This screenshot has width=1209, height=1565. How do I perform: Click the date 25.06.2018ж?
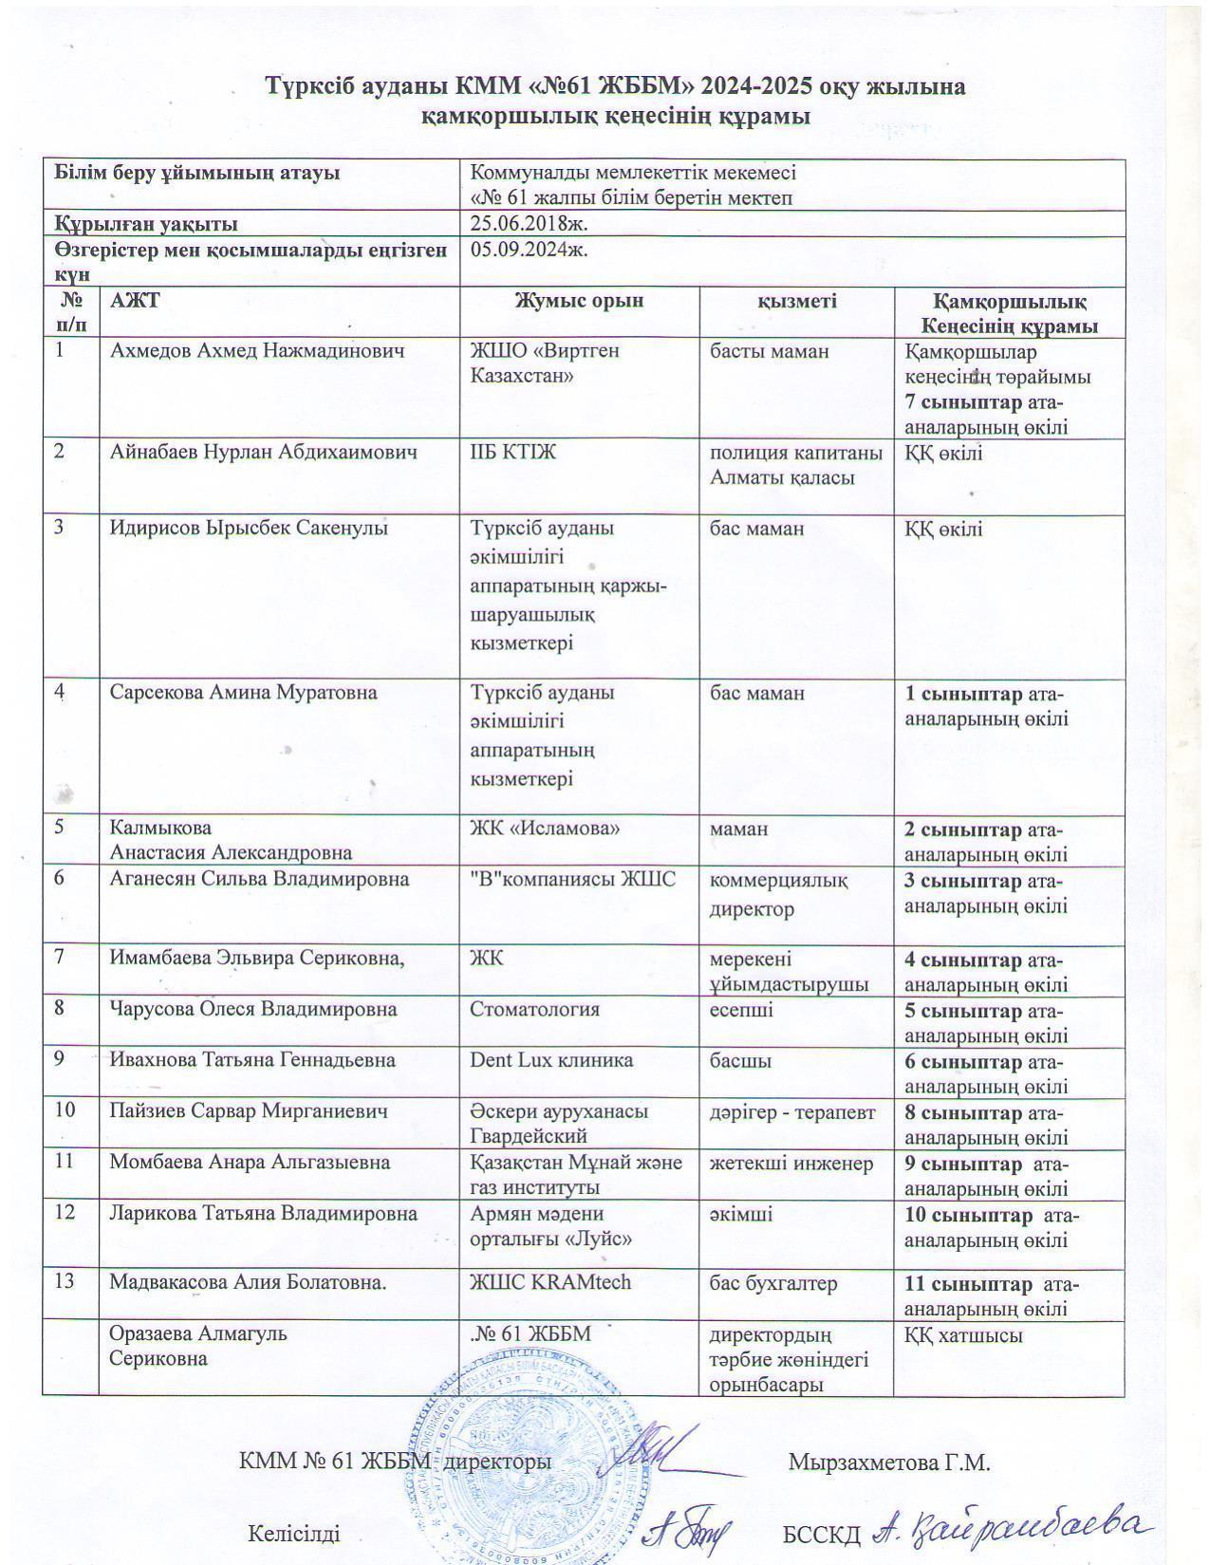[x=529, y=223]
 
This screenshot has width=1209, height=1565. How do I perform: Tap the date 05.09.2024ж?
[x=529, y=250]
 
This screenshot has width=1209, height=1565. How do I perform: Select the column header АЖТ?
[x=135, y=301]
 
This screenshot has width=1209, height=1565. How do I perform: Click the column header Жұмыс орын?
[x=579, y=301]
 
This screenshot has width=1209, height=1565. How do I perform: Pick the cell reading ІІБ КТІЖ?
[x=512, y=452]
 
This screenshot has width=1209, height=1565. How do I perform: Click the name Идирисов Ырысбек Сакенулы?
[x=250, y=528]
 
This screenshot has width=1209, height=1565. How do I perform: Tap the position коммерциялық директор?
[x=778, y=894]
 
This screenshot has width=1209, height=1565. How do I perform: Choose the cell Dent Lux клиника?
[x=551, y=1060]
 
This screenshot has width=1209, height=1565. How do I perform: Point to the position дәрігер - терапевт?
[x=793, y=1111]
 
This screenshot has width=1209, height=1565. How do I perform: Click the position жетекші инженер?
[x=791, y=1163]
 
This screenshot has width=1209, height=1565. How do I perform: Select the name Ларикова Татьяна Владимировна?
[x=263, y=1214]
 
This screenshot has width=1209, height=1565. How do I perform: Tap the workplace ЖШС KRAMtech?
[x=550, y=1282]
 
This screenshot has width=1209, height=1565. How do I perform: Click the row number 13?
[x=65, y=1282]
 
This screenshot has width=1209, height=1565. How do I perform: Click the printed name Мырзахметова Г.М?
[x=889, y=1463]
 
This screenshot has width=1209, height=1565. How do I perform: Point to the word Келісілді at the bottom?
[x=293, y=1534]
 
